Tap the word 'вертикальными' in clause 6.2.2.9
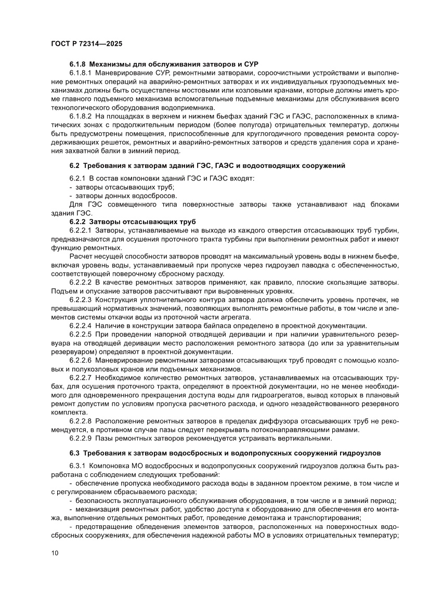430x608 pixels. (306, 439)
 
